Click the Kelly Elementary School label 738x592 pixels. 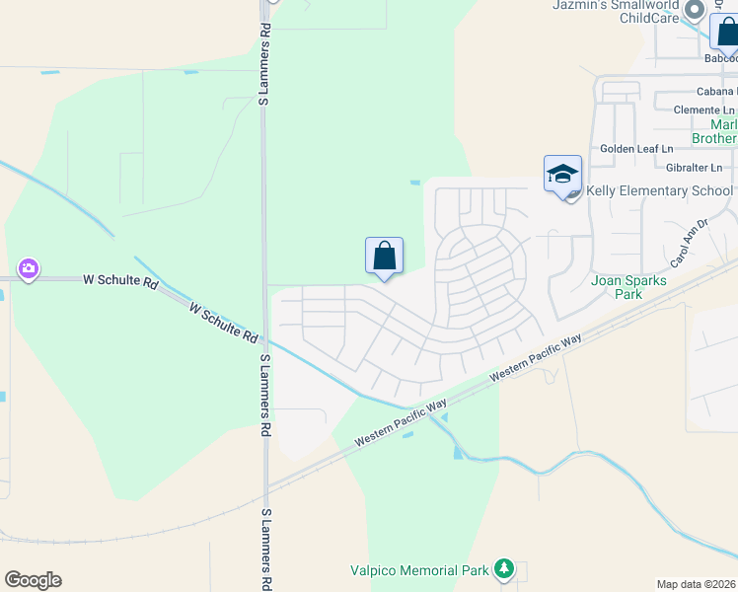pyautogui.click(x=660, y=190)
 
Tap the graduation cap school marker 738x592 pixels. pyautogui.click(x=562, y=175)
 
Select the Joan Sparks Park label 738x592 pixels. pyautogui.click(x=628, y=287)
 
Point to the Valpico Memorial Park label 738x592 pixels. pyautogui.click(x=419, y=570)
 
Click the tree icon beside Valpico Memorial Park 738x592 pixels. pyautogui.click(x=504, y=568)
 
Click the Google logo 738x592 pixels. pyautogui.click(x=33, y=580)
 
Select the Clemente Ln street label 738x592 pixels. pyautogui.click(x=704, y=110)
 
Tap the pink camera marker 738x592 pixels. pyautogui.click(x=28, y=268)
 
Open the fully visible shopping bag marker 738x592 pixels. pyautogui.click(x=384, y=257)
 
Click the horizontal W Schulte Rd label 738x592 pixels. pyautogui.click(x=120, y=281)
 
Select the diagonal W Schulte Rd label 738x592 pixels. pyautogui.click(x=224, y=324)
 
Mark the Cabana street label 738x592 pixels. pyautogui.click(x=701, y=91)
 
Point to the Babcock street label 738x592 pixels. pyautogui.click(x=721, y=59)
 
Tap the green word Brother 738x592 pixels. pyautogui.click(x=712, y=138)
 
